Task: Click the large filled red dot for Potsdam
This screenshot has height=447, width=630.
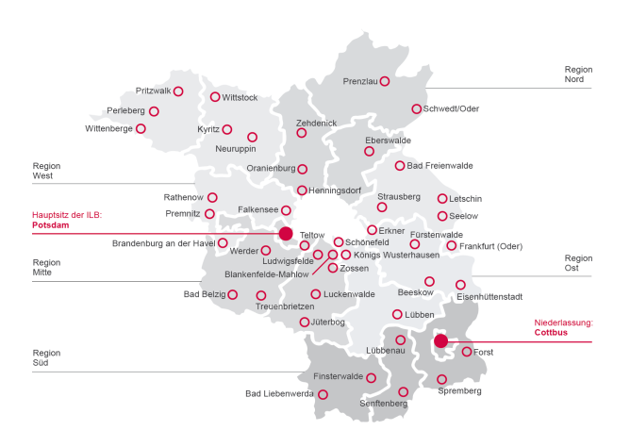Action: pyautogui.click(x=285, y=233)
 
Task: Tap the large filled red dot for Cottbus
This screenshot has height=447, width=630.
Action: pyautogui.click(x=440, y=341)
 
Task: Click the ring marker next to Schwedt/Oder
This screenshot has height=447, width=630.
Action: pyautogui.click(x=416, y=108)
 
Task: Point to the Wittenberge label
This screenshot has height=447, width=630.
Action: pyautogui.click(x=108, y=128)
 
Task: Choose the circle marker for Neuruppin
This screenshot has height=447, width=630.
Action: pyautogui.click(x=252, y=137)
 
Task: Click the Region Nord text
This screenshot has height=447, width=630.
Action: pyautogui.click(x=578, y=74)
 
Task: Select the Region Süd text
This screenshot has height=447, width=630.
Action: pyautogui.click(x=46, y=356)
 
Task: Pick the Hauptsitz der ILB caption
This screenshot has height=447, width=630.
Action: pyautogui.click(x=67, y=215)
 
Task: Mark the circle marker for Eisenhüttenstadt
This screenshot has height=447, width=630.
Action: pyautogui.click(x=460, y=285)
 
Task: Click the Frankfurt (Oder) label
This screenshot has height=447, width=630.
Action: pyautogui.click(x=490, y=246)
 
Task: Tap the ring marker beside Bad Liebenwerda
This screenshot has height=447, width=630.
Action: pyautogui.click(x=323, y=394)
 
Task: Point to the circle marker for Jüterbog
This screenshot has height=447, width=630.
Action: pyautogui.click(x=303, y=323)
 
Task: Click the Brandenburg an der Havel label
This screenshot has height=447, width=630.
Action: pyautogui.click(x=163, y=243)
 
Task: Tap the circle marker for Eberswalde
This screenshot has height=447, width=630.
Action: pyautogui.click(x=369, y=151)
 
